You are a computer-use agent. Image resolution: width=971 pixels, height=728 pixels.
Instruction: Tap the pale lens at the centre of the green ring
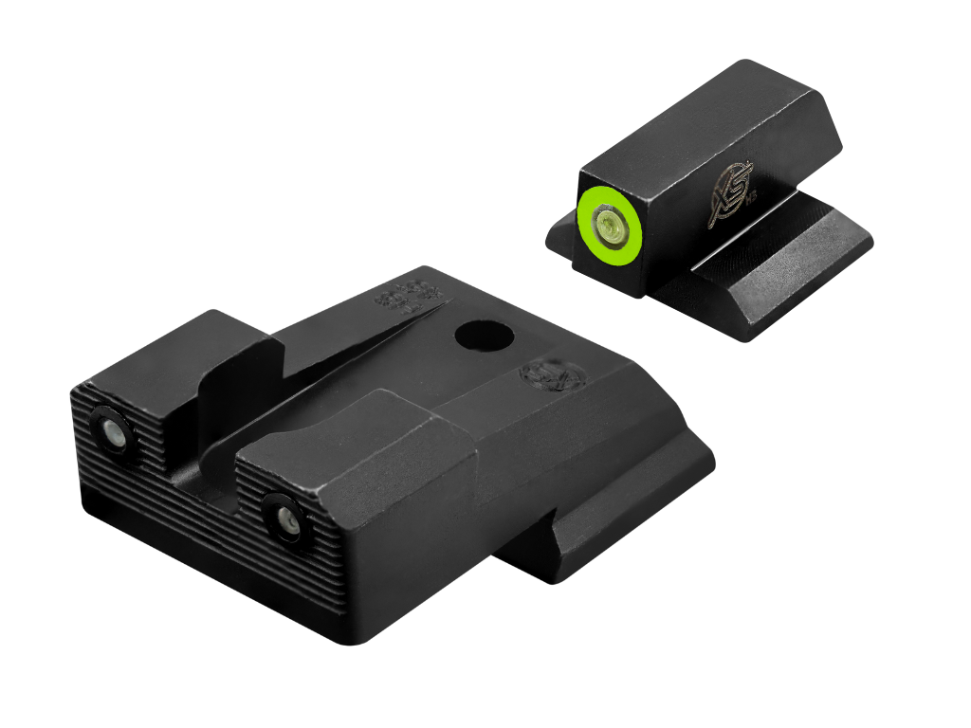(607, 224)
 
